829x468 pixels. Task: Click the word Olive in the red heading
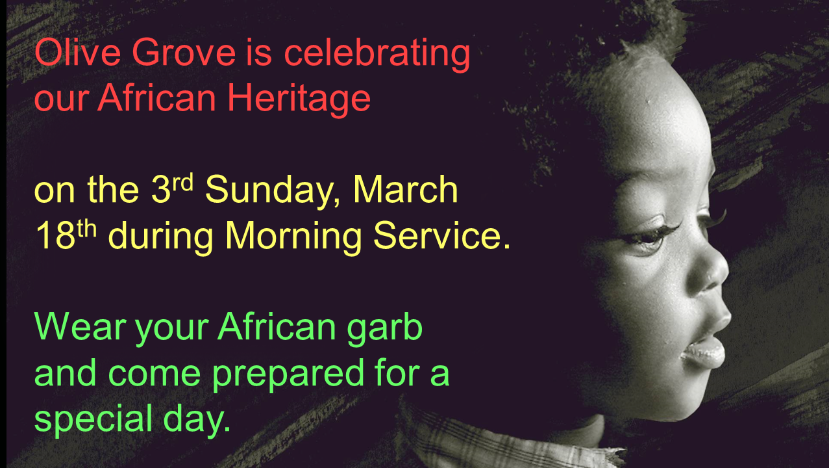[78, 52]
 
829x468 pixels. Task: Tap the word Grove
[184, 52]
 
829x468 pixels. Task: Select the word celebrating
[377, 55]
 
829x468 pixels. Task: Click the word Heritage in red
[299, 98]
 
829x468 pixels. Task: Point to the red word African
[156, 97]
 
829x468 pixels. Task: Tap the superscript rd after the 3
[183, 182]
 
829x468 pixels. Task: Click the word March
[406, 189]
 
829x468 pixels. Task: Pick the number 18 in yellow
[56, 235]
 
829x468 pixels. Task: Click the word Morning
[293, 237]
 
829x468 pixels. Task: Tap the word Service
[438, 235]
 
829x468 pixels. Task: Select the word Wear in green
[80, 326]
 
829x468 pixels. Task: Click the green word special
[93, 421]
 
